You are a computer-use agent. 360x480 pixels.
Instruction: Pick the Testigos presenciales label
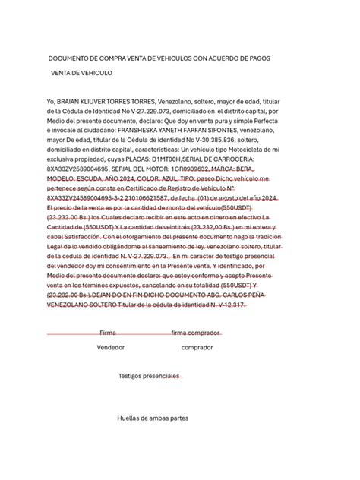[150, 376]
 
